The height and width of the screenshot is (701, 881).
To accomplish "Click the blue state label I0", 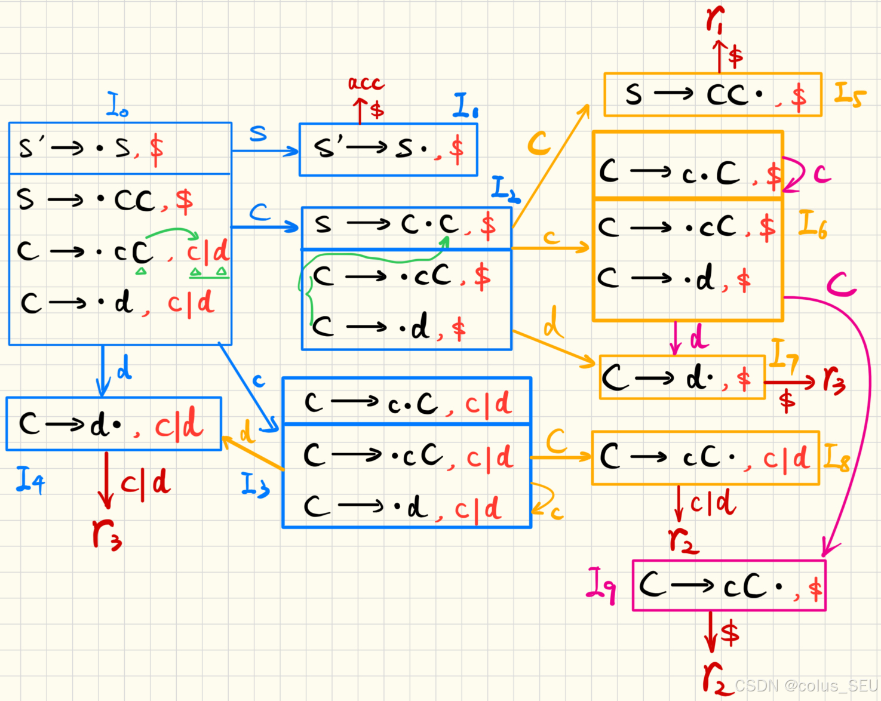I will (x=117, y=104).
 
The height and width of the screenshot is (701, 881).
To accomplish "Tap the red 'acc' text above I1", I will (x=366, y=83).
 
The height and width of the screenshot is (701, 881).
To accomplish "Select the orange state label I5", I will (x=849, y=94).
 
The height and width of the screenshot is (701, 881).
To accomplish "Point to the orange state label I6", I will (x=814, y=225).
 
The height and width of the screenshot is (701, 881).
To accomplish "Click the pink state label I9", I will (x=601, y=585).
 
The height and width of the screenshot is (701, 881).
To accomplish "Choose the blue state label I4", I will (x=30, y=480).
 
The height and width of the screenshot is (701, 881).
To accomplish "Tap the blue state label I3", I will (x=255, y=485).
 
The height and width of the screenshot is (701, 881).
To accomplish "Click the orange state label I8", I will (x=836, y=457).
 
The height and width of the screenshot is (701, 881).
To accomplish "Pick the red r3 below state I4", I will (x=107, y=533).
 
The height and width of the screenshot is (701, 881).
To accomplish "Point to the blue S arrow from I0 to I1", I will (x=265, y=150).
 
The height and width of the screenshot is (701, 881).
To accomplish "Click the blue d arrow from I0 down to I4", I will (x=103, y=370).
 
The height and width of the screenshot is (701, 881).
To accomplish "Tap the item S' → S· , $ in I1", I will (x=388, y=149).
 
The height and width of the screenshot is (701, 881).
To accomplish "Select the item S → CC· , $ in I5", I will (x=714, y=95).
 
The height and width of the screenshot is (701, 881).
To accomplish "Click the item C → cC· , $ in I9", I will (x=729, y=586).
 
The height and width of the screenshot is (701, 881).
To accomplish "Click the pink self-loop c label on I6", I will (x=822, y=174).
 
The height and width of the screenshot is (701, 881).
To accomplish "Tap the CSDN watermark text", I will (x=806, y=685).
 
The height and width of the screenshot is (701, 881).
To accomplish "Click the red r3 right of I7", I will (x=834, y=380).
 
